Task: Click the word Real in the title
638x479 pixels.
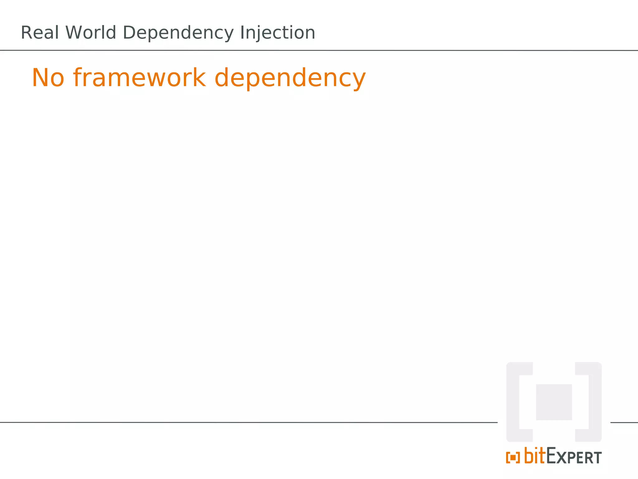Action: click(40, 33)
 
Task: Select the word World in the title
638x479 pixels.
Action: click(91, 33)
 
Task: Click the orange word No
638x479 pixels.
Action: click(48, 78)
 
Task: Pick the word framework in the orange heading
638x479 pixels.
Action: click(139, 78)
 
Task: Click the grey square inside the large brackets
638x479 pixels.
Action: click(554, 402)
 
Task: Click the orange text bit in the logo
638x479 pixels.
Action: click(535, 456)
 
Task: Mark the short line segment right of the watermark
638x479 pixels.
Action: click(624, 423)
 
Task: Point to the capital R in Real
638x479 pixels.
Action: click(26, 33)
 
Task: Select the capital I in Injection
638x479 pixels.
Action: click(242, 33)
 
